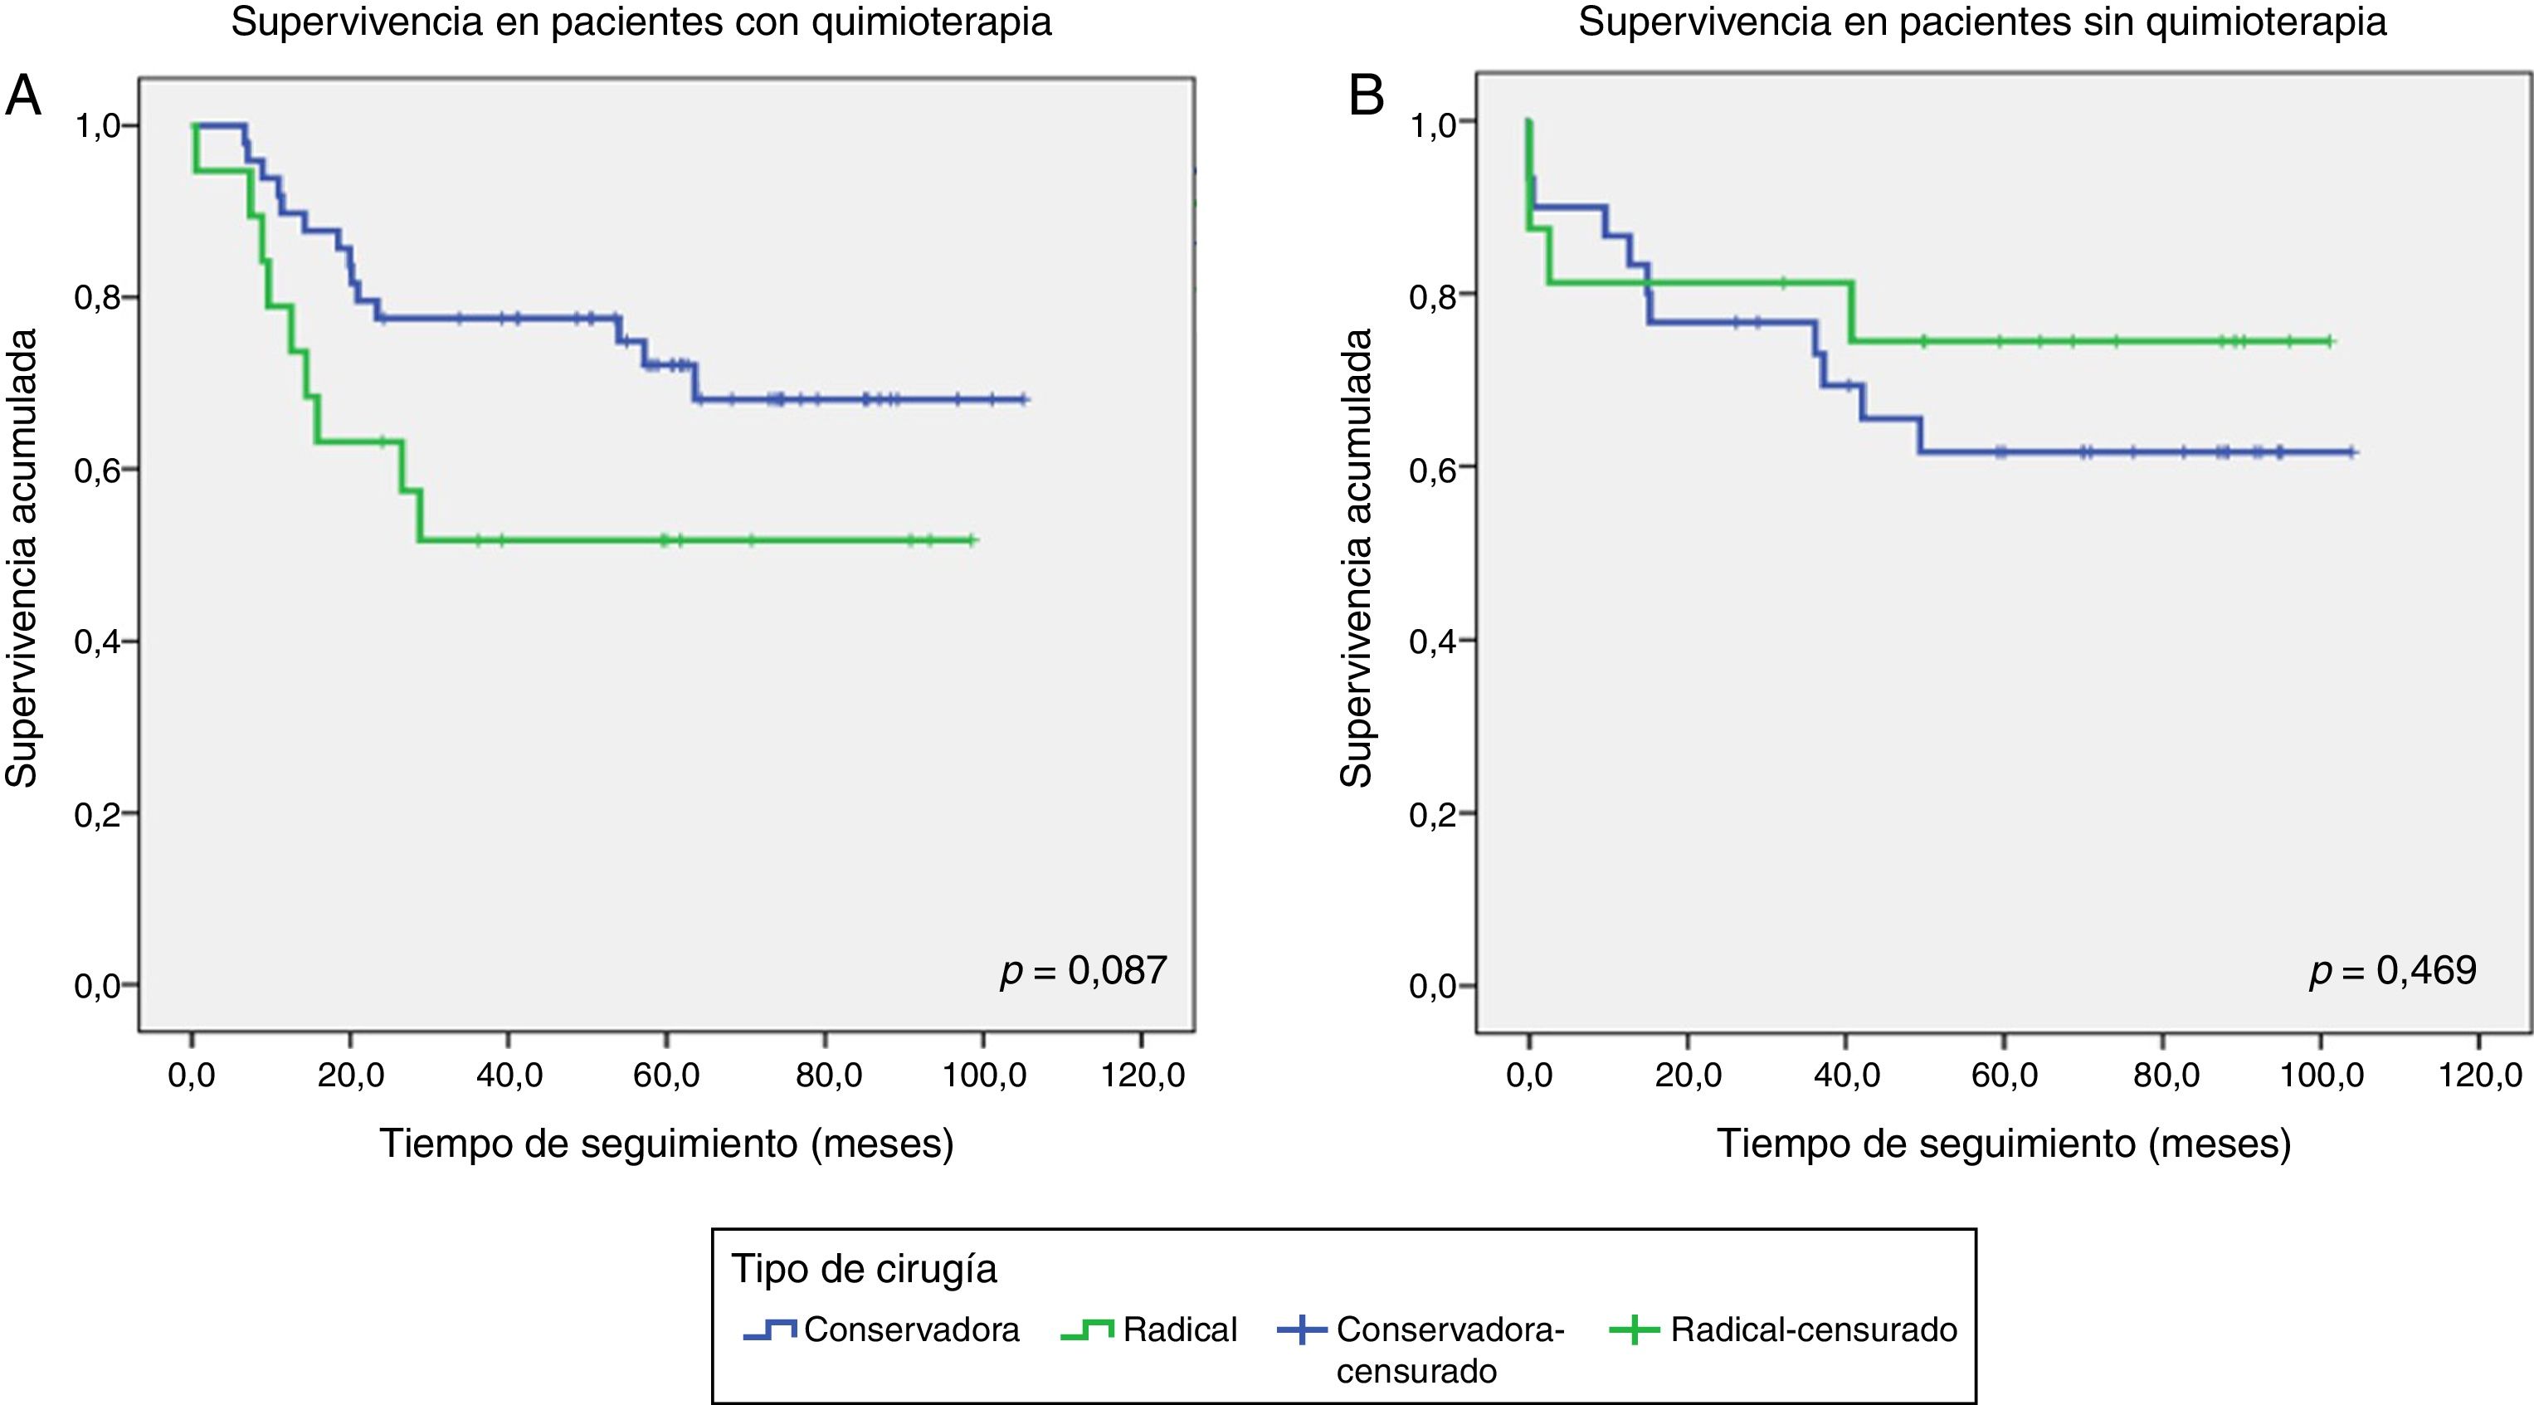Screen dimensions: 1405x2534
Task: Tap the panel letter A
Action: click(x=23, y=97)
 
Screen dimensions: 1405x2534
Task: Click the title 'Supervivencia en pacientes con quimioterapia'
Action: click(x=641, y=22)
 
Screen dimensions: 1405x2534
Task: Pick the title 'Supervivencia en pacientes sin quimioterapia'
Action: click(x=1982, y=22)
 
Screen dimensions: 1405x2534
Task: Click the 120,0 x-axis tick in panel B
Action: click(x=2480, y=1076)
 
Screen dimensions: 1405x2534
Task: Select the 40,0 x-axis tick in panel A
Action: click(x=509, y=1076)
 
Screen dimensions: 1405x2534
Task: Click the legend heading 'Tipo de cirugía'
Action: click(x=864, y=1269)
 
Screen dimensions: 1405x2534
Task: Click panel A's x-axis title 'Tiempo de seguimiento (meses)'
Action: click(x=667, y=1144)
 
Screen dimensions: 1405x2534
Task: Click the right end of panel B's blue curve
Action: click(x=2353, y=451)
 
